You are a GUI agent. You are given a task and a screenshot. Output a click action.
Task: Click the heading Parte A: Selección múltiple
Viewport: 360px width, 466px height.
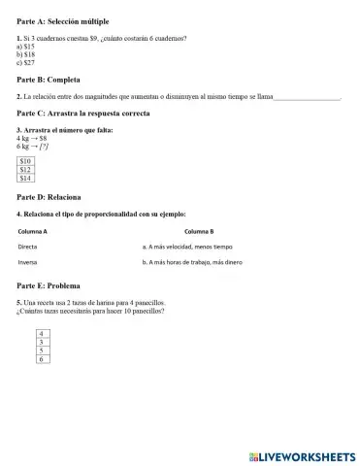[x=63, y=20]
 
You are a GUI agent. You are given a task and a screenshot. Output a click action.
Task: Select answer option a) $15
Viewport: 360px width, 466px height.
[x=26, y=46]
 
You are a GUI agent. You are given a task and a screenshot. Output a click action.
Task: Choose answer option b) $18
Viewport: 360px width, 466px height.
[x=26, y=53]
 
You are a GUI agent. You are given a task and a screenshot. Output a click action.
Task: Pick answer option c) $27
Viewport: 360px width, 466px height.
[x=26, y=61]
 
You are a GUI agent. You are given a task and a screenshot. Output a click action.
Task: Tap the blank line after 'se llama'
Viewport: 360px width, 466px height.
[x=307, y=97]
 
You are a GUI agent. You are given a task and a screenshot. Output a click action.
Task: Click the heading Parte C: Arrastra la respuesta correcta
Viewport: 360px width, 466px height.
[x=83, y=114]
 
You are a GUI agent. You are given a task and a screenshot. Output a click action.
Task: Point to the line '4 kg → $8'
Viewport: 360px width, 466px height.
[x=32, y=138]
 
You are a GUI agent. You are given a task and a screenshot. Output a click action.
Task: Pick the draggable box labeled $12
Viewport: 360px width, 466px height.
[x=26, y=170]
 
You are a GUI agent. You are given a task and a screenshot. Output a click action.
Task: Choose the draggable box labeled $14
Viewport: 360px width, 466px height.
[x=26, y=179]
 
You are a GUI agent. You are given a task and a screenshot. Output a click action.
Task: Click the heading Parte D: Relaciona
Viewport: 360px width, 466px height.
[x=49, y=197]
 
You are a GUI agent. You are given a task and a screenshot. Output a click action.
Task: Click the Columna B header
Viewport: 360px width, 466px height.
[x=198, y=231]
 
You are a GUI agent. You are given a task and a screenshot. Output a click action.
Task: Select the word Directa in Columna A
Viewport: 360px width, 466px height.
[x=28, y=247]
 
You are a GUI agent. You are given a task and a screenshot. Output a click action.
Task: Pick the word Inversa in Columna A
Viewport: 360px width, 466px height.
[x=28, y=262]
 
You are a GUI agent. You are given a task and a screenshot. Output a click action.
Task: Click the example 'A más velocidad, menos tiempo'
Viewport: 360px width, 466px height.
[x=187, y=247]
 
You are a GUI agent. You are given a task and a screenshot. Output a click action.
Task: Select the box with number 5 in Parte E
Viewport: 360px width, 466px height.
[x=42, y=350]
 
